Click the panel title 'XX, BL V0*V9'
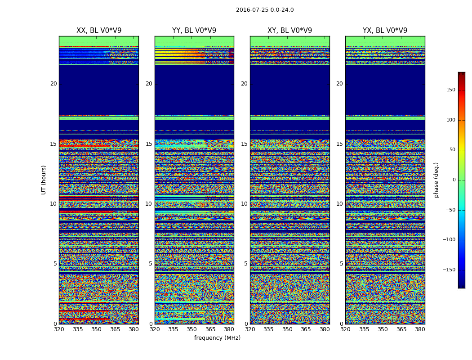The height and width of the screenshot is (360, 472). (99, 31)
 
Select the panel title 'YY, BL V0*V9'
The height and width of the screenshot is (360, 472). (194, 31)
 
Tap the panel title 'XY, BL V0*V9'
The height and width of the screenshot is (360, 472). (289, 31)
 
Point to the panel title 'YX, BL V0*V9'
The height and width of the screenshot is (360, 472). (385, 31)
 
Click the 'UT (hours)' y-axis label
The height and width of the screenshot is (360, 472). (44, 180)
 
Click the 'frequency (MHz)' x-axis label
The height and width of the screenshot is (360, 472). (217, 338)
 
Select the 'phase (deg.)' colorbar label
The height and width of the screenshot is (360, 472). (436, 180)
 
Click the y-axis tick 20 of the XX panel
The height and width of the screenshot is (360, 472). (53, 84)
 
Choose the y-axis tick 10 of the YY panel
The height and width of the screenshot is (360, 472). (149, 204)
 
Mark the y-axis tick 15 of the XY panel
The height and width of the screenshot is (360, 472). (244, 144)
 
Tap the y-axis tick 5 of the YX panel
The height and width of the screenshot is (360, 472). (341, 264)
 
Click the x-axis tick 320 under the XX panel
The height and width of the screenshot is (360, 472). (59, 329)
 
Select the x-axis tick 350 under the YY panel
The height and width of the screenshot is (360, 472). (192, 329)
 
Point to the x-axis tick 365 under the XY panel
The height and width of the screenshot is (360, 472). (306, 329)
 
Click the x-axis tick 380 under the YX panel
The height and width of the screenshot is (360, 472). (420, 329)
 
